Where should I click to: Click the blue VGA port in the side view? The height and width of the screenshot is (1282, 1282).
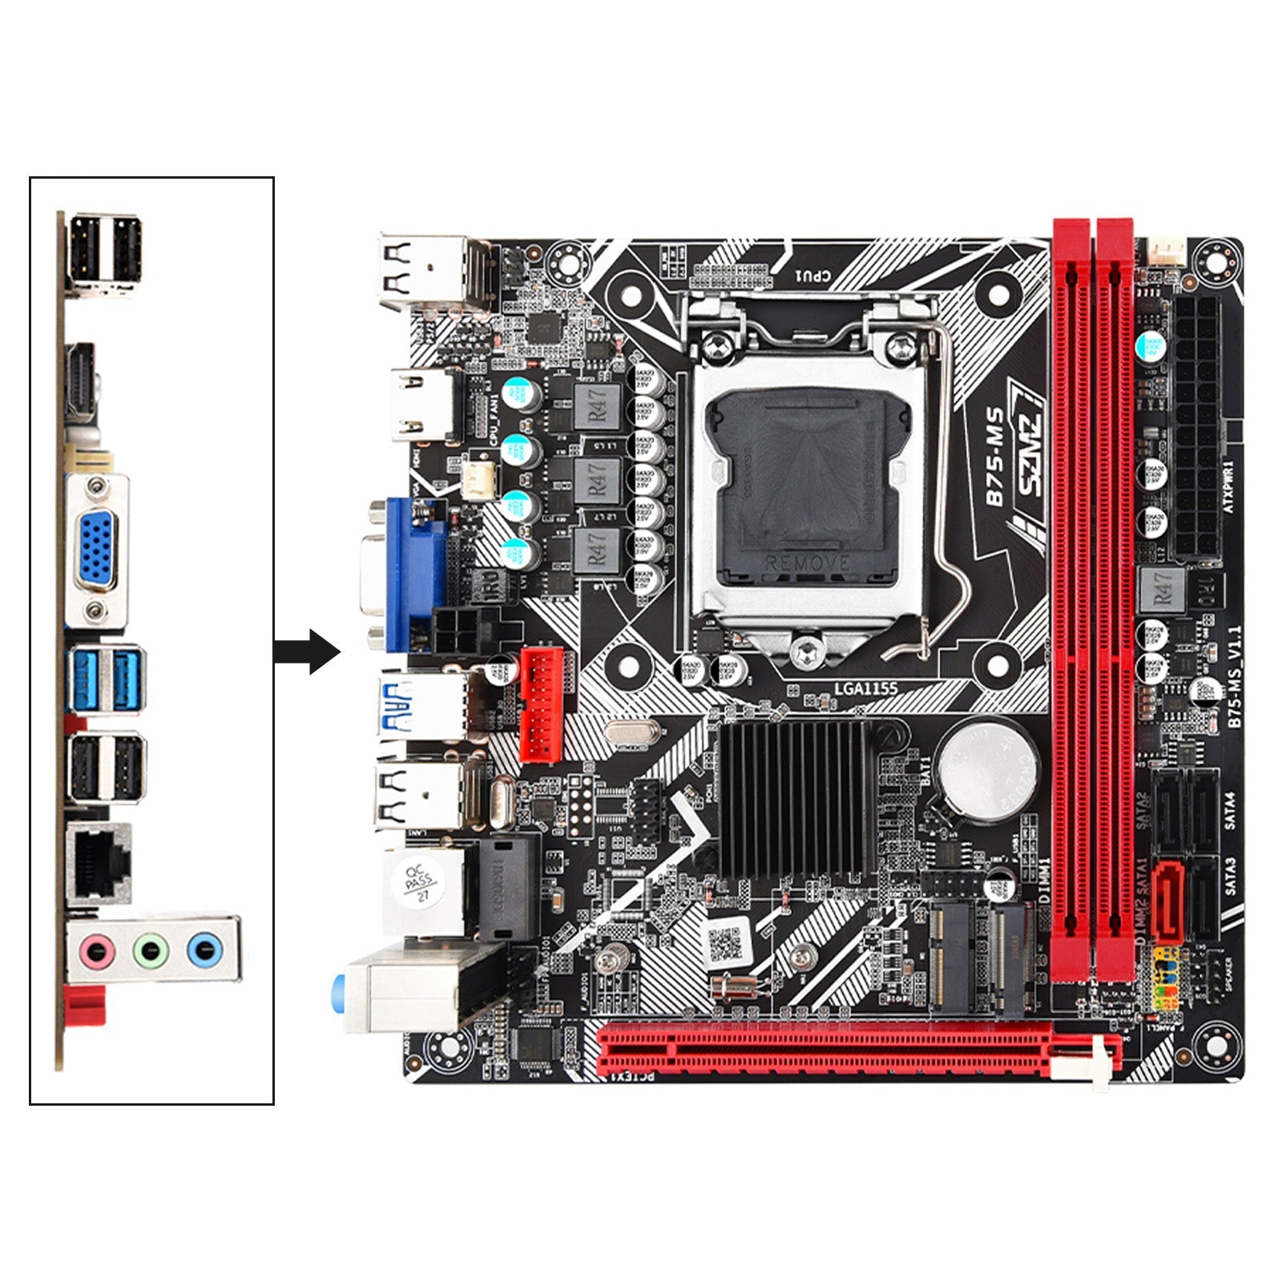pos(96,551)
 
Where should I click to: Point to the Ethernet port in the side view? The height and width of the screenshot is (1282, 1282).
pos(99,861)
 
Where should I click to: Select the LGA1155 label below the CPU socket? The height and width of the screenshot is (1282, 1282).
pos(865,688)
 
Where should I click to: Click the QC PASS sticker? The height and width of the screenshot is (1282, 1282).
pos(419,885)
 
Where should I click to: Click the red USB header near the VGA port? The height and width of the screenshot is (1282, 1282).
pos(541,704)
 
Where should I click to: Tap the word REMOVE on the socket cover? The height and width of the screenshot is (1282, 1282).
pos(806,563)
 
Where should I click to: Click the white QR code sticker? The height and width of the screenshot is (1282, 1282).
pos(725,944)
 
